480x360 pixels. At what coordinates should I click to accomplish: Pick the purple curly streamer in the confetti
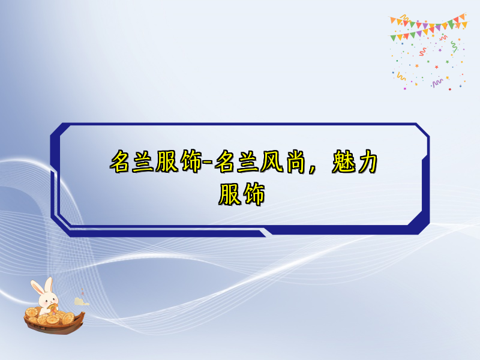click(x=437, y=80)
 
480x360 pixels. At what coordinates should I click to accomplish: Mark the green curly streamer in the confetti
click(x=454, y=47)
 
